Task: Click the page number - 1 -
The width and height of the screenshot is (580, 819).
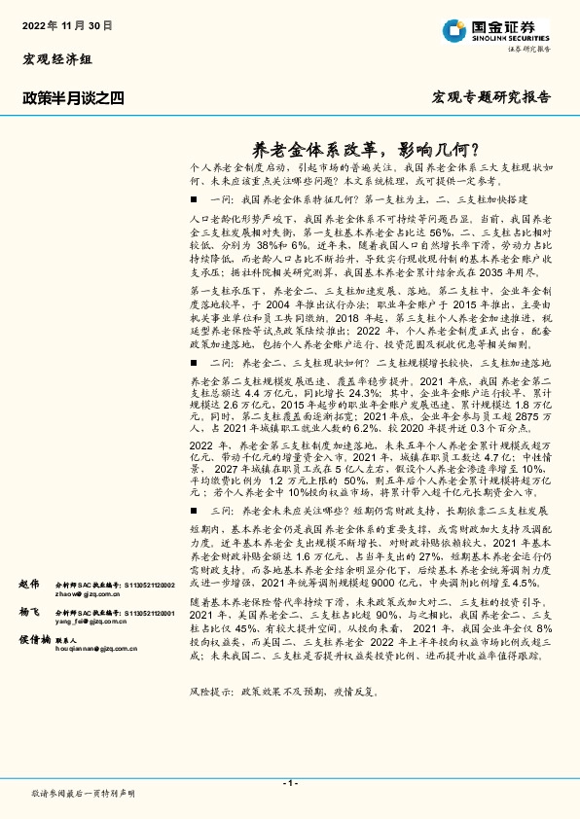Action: (x=289, y=783)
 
